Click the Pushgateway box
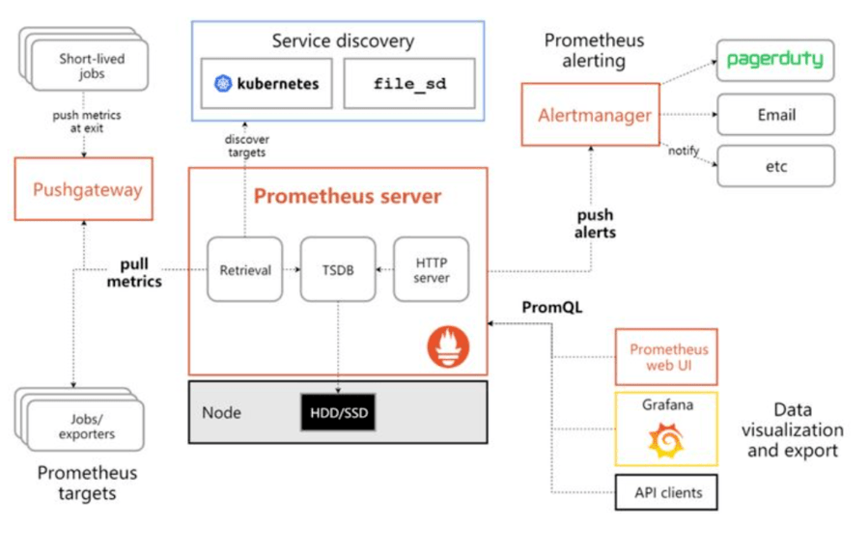click(88, 189)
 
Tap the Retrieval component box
click(245, 269)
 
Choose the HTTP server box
click(431, 269)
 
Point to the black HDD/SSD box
click(338, 412)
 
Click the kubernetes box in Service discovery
click(266, 84)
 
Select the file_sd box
click(410, 84)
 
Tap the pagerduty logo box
click(774, 60)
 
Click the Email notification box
click(774, 114)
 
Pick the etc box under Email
click(774, 166)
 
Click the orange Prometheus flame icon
click(449, 345)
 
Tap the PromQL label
click(549, 307)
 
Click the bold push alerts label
click(595, 224)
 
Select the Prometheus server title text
click(347, 197)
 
